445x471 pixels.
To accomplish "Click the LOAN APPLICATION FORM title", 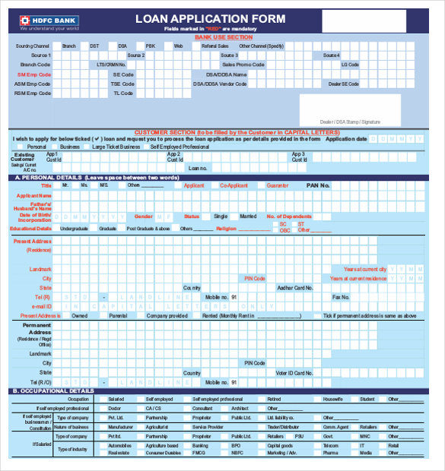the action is click(x=211, y=18).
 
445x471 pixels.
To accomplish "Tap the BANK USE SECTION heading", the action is click(x=223, y=36).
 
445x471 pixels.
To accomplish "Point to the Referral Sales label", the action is click(x=215, y=46).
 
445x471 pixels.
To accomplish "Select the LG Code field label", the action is click(x=350, y=65).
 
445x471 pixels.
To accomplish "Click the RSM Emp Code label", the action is click(x=33, y=93).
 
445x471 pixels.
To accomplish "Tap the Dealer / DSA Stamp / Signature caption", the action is click(x=349, y=122).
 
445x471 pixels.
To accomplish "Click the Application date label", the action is click(x=346, y=139).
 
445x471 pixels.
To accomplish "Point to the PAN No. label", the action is click(x=318, y=185).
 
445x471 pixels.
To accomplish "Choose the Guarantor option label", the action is click(x=278, y=185).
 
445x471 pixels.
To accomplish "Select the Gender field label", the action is click(x=144, y=216).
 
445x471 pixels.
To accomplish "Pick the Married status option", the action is click(x=248, y=216).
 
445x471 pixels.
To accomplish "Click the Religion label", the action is click(x=226, y=228).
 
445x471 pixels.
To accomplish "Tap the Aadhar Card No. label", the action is click(x=294, y=288).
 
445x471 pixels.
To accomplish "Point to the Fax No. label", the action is click(x=341, y=297).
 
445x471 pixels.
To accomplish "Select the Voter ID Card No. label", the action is click(x=294, y=373).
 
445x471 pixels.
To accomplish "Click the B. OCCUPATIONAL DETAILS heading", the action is click(x=53, y=391).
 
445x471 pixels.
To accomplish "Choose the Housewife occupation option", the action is click(x=332, y=399).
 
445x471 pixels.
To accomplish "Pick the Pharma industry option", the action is click(x=330, y=453).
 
